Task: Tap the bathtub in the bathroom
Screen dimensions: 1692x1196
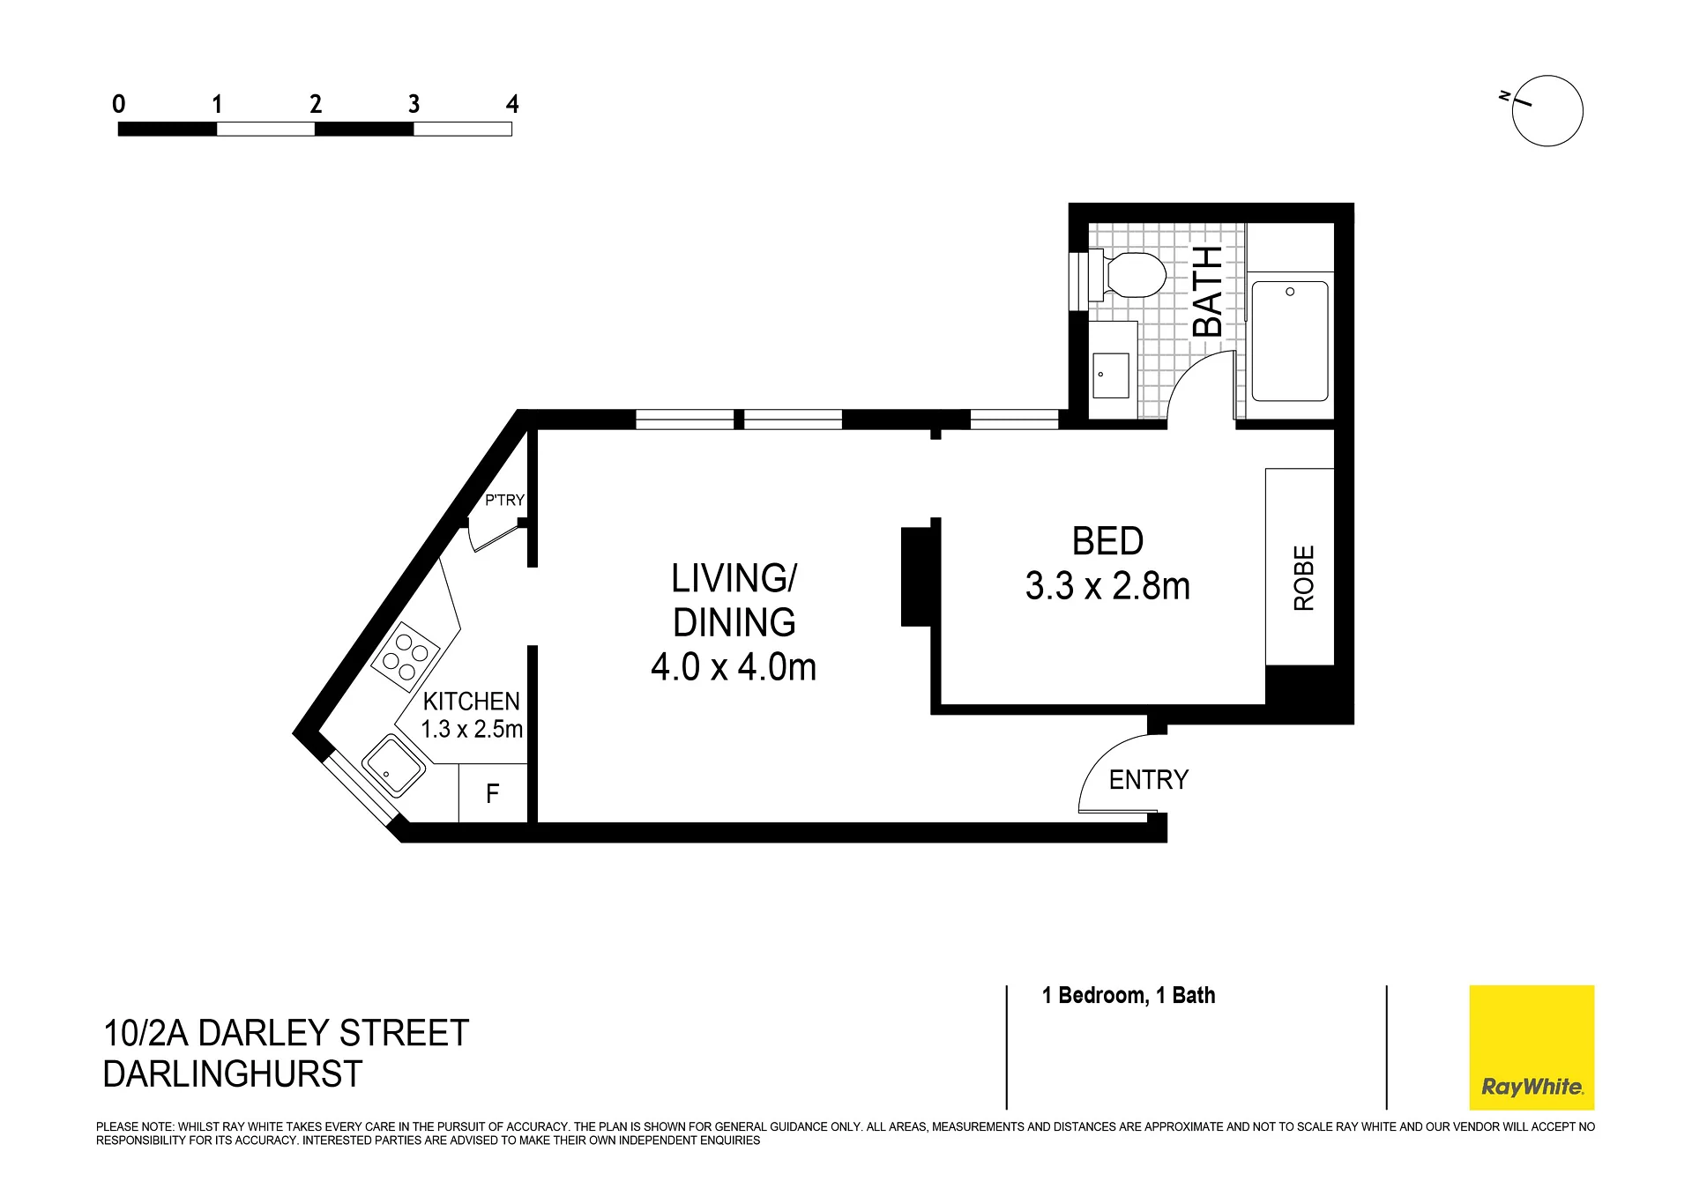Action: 1290,341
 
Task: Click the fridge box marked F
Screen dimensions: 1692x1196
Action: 493,793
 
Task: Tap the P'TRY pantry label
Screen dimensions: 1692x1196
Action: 504,500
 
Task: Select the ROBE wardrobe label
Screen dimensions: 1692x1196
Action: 1303,578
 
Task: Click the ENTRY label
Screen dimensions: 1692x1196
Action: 1149,779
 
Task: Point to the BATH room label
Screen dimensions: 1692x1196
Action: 1208,292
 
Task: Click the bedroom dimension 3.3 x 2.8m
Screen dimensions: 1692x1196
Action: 1107,586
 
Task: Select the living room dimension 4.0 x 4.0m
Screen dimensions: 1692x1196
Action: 734,667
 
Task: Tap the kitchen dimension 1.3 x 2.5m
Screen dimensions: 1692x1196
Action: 472,730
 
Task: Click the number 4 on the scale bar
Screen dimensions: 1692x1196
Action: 512,104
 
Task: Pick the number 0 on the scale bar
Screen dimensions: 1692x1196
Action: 119,104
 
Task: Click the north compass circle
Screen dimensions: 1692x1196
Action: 1547,111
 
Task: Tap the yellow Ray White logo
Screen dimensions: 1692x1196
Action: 1532,1047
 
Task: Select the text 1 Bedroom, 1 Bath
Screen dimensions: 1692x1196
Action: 1129,995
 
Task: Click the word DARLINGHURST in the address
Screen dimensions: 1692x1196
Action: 233,1074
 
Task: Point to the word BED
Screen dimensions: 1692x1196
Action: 1107,541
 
